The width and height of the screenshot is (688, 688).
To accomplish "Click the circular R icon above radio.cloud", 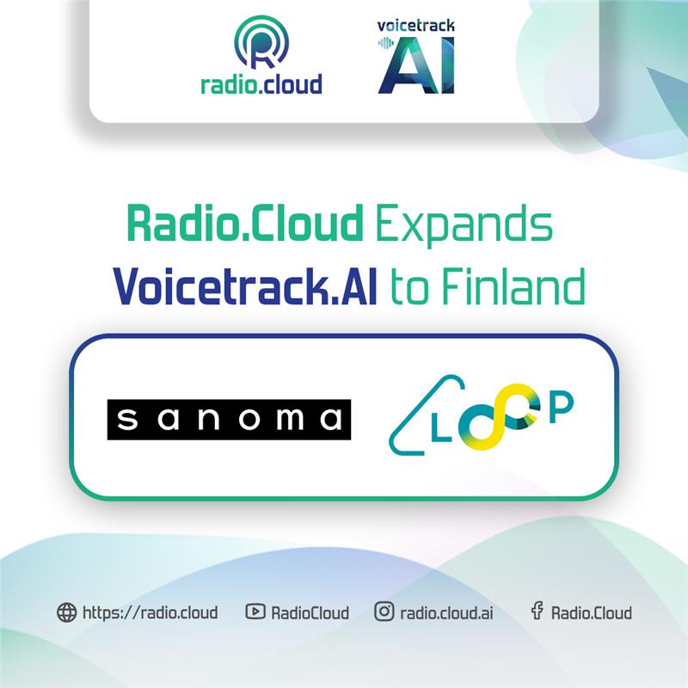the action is [261, 42].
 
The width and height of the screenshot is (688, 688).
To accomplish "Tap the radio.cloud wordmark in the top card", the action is [261, 83].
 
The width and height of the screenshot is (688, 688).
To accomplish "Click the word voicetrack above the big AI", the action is [416, 26].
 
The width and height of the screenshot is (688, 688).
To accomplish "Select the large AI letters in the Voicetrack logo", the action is [416, 65].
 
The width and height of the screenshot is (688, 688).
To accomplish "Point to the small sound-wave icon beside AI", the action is [385, 43].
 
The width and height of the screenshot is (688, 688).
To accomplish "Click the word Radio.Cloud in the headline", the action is [245, 223].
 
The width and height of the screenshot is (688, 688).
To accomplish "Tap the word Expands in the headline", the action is [464, 225].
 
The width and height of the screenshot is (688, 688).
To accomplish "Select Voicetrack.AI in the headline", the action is [245, 286].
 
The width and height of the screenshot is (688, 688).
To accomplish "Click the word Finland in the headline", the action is [513, 286].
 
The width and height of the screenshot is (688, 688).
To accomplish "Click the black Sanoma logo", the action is [229, 420].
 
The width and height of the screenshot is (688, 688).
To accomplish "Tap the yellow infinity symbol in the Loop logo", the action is [497, 416].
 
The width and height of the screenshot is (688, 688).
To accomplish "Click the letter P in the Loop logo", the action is [562, 408].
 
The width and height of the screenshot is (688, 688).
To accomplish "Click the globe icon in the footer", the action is [67, 612].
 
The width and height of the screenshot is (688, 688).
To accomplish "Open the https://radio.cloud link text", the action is [150, 612].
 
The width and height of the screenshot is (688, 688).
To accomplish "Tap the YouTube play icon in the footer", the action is [255, 611].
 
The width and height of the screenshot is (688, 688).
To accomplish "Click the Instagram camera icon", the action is [384, 611].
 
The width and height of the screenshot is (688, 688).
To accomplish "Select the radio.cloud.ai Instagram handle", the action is [446, 613].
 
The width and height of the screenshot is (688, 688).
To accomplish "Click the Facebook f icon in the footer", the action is [537, 611].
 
